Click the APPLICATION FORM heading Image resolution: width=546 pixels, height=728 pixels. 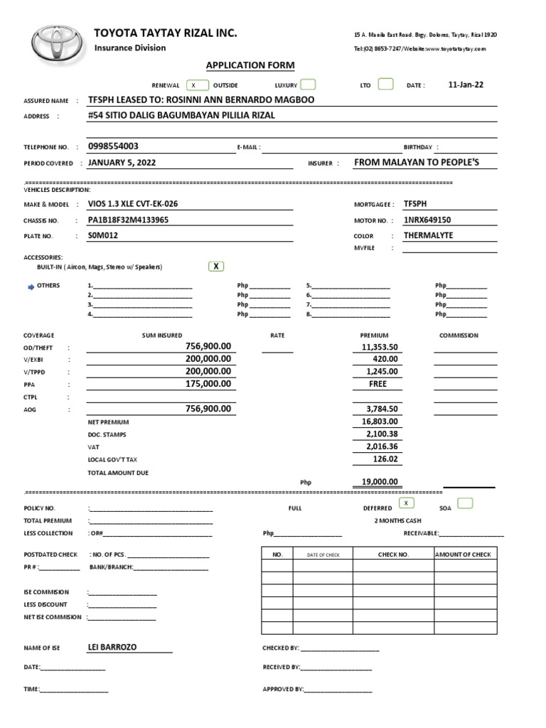(250, 65)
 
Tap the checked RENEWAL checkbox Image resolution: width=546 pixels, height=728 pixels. (194, 85)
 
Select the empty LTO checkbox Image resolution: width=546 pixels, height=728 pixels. (385, 85)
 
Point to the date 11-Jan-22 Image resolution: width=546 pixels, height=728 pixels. (466, 85)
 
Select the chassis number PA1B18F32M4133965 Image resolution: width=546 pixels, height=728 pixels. (128, 220)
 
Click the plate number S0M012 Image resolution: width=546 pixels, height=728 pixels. (102, 236)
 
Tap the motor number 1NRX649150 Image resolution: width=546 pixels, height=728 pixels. (427, 220)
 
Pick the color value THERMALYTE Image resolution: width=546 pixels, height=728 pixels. (428, 236)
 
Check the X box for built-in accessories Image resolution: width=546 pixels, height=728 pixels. (216, 267)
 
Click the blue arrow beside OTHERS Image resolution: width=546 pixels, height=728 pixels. (31, 287)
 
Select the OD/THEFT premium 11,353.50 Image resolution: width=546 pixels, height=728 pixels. (380, 347)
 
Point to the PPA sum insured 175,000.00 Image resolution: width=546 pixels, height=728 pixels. (208, 385)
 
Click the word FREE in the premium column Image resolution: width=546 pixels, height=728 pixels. (378, 385)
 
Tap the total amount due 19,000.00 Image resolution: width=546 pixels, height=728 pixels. (379, 482)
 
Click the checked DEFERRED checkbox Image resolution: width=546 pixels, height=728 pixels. (406, 503)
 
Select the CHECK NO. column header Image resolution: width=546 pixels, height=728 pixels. (393, 555)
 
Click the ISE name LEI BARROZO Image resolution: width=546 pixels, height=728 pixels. (112, 648)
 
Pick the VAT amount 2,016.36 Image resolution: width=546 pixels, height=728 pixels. (382, 447)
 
